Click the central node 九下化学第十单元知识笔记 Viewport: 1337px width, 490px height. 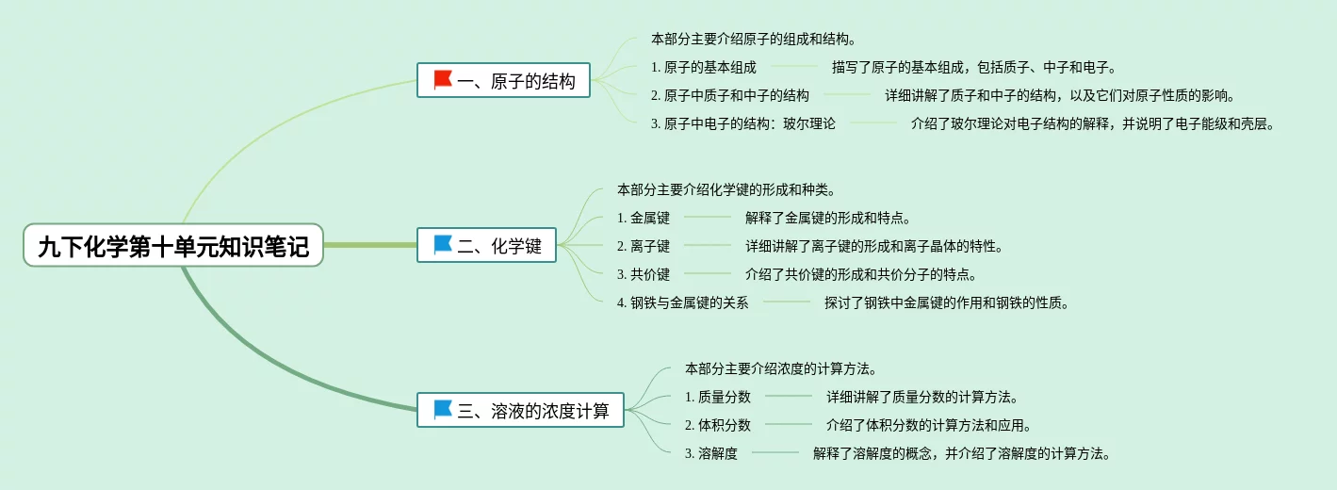coord(173,246)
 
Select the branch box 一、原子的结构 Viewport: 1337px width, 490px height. coord(504,81)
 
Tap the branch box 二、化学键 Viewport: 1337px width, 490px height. coord(486,246)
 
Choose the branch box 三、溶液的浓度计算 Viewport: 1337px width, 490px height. coord(520,411)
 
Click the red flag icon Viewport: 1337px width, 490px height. coord(443,80)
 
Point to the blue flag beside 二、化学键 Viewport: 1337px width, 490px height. coord(443,245)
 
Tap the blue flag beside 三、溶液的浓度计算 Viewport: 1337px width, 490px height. coord(443,410)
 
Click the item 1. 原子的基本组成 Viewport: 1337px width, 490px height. coord(703,67)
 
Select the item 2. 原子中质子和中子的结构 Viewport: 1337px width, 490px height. coord(729,95)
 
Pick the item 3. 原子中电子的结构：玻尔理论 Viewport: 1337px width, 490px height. coord(742,123)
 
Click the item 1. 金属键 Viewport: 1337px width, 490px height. coord(644,218)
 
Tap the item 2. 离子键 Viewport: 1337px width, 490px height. coord(644,246)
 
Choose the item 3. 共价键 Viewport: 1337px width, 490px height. coord(644,274)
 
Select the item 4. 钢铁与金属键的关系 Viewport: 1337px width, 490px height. coord(682,302)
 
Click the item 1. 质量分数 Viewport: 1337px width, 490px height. coord(718,397)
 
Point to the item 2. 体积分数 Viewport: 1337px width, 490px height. coord(718,425)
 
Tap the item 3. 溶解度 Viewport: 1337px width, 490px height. coord(711,453)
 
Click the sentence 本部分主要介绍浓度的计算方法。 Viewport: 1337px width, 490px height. coord(781,368)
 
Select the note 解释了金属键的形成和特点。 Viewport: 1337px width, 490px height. coord(827,218)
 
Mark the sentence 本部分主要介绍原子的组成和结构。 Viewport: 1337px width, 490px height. coord(753,39)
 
